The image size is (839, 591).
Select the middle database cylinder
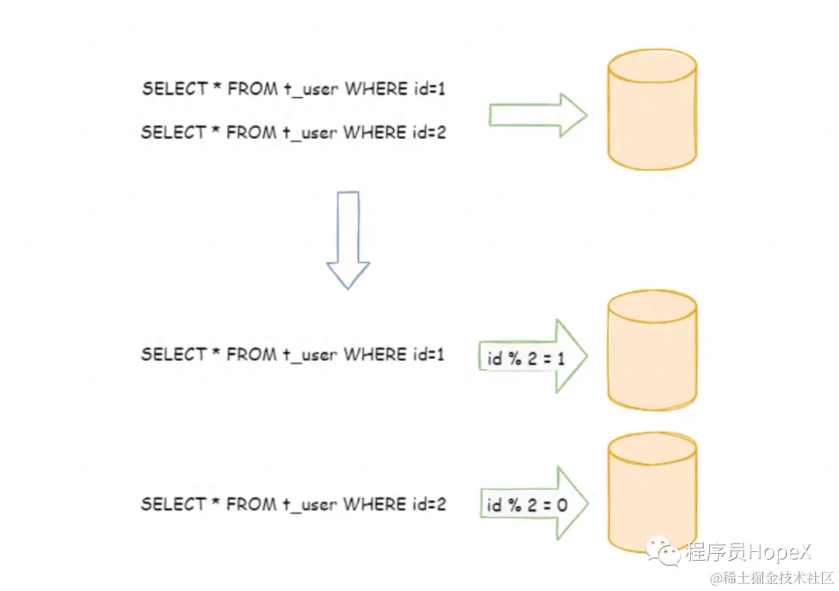652,352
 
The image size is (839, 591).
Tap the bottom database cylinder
652,492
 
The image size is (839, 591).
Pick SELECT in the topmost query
172,89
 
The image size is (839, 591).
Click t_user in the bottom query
308,505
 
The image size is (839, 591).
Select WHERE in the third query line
374,355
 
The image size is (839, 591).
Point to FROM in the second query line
251,133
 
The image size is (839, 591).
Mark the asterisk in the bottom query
215,503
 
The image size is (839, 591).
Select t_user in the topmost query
309,89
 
